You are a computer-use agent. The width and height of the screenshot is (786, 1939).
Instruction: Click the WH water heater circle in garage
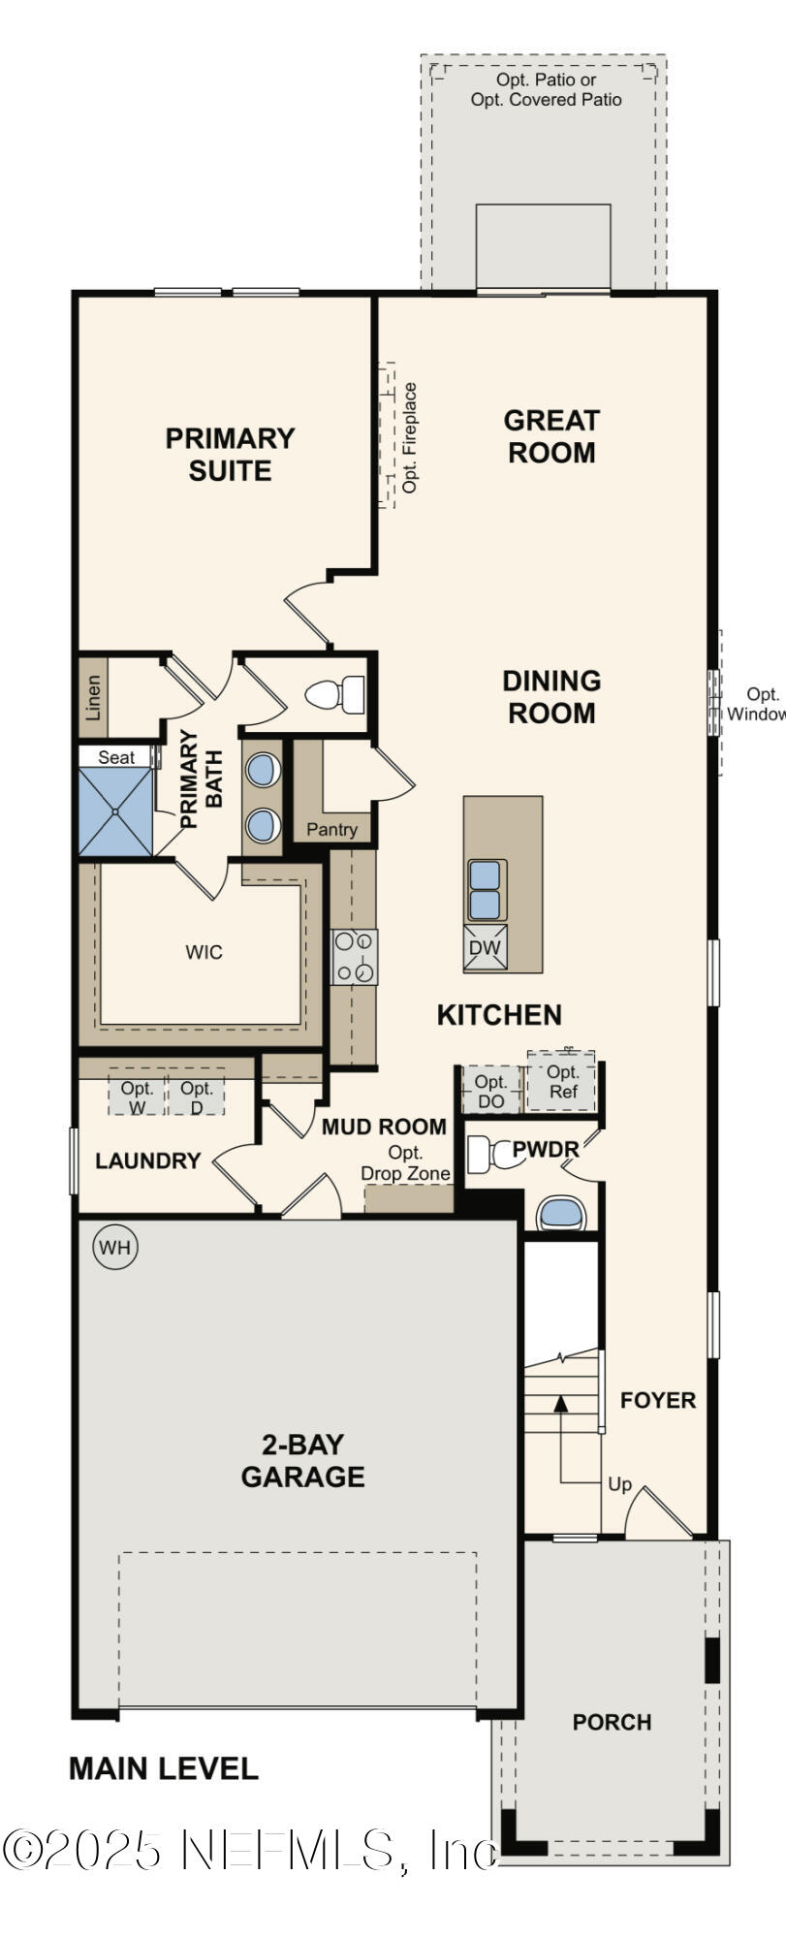point(115,1247)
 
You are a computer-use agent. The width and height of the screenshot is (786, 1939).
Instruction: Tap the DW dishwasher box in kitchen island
point(486,948)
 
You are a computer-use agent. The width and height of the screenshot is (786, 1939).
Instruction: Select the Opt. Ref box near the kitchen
point(562,1082)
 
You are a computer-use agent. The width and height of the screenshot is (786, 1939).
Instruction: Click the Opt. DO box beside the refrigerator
point(490,1091)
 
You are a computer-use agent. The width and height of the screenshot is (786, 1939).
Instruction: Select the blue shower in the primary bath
point(115,811)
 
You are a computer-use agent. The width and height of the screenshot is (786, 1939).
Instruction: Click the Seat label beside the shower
point(116,757)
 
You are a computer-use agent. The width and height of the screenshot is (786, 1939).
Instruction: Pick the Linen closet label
point(93,697)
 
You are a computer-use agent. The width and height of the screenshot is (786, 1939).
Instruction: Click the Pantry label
point(331,830)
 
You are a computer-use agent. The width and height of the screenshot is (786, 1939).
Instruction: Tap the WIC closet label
point(204,952)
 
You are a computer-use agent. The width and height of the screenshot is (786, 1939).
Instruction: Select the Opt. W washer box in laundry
point(138,1097)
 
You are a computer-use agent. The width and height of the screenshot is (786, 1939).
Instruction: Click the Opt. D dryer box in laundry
point(197,1097)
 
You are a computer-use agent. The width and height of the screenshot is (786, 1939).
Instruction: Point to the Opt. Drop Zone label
point(405,1163)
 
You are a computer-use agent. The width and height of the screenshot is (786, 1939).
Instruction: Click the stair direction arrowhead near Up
point(559,1402)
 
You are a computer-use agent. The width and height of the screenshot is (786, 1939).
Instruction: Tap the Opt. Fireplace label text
point(410,437)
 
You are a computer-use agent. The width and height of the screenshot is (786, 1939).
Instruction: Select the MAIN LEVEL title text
point(163,1768)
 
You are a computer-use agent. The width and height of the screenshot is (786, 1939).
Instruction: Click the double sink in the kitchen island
point(486,889)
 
